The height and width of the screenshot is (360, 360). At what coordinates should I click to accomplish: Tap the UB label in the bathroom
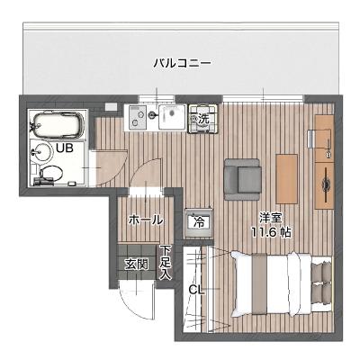(x=64, y=147)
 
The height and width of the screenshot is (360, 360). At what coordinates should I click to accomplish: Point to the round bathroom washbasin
(x=38, y=149)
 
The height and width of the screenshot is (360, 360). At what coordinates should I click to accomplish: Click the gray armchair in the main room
(x=241, y=175)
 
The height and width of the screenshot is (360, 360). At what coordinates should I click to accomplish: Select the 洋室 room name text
(x=270, y=217)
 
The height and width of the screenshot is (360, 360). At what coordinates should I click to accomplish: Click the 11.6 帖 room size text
(x=271, y=232)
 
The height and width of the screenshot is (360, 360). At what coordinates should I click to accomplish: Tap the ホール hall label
(x=146, y=219)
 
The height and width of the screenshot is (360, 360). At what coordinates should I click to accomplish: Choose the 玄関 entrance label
(x=136, y=265)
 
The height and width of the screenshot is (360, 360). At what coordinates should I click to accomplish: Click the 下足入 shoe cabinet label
(x=166, y=262)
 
